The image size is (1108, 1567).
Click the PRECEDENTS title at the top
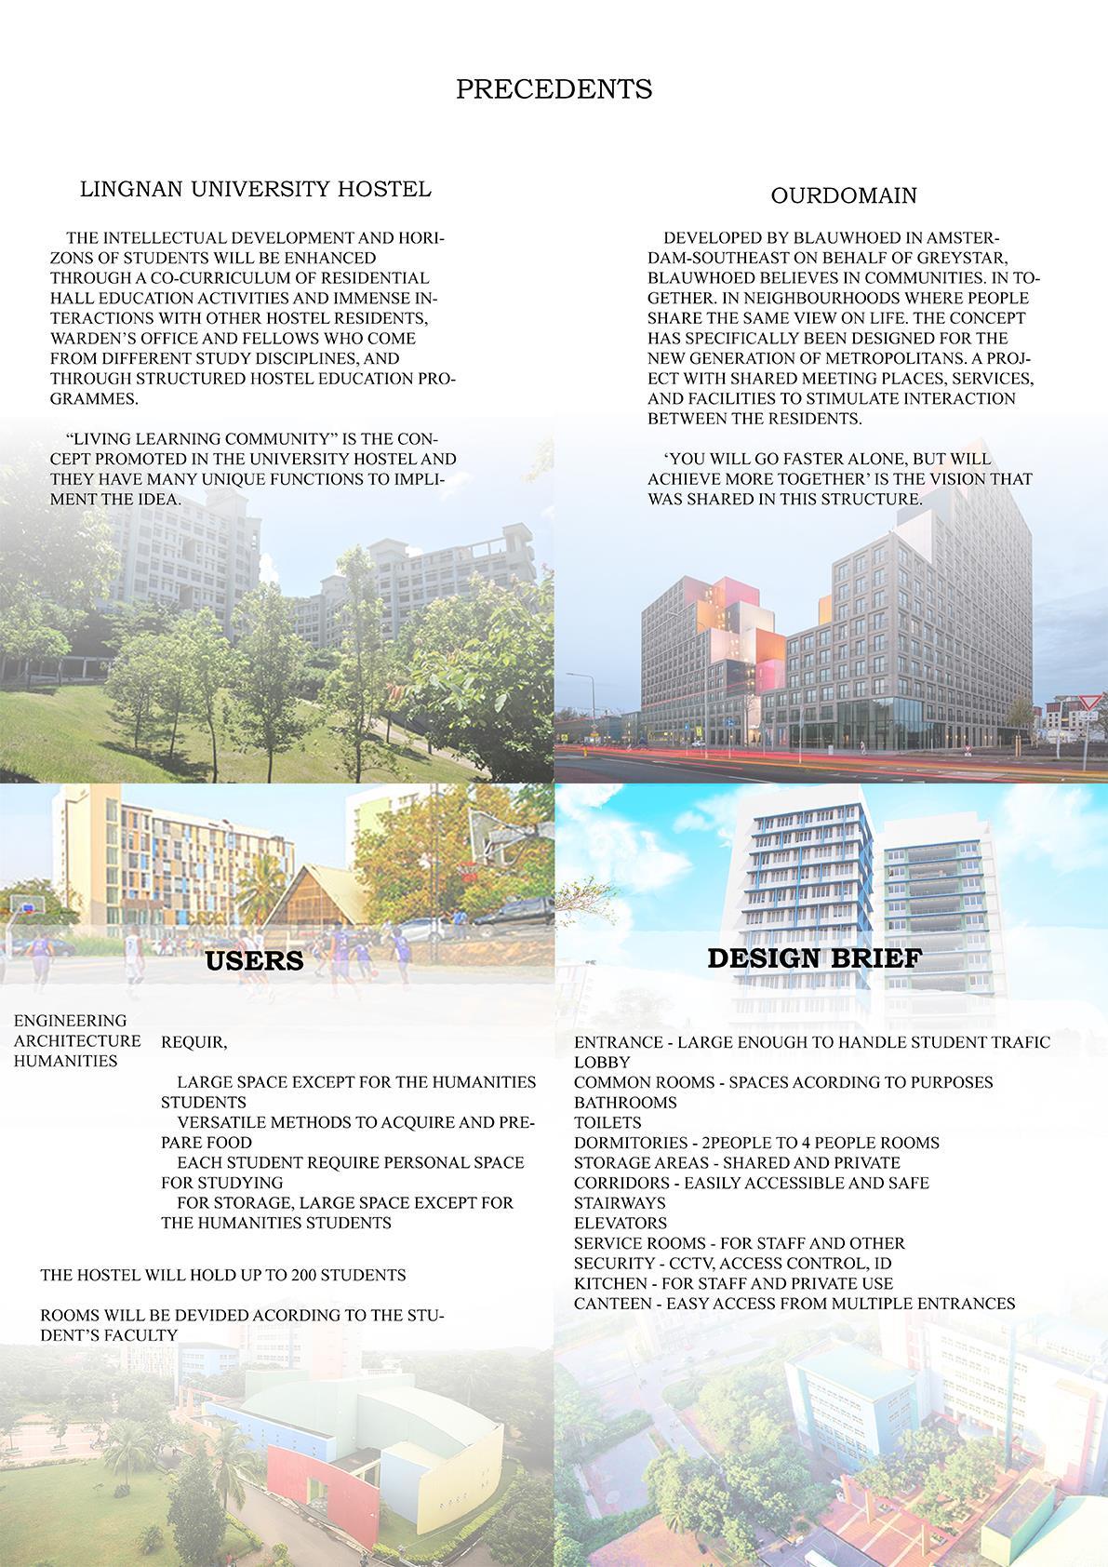point(554,89)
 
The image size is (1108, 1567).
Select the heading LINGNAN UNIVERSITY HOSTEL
point(255,189)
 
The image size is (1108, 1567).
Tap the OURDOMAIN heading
point(844,195)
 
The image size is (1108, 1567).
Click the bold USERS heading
point(254,960)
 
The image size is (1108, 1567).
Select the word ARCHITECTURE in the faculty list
point(77,1041)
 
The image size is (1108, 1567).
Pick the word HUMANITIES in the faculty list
point(65,1062)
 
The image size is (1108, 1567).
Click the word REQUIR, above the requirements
point(194,1043)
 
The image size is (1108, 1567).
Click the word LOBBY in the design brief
point(602,1063)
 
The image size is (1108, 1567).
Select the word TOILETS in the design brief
point(607,1123)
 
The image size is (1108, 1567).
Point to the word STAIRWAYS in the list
point(620,1203)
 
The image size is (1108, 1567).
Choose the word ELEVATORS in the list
point(621,1224)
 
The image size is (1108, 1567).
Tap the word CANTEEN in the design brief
point(612,1304)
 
